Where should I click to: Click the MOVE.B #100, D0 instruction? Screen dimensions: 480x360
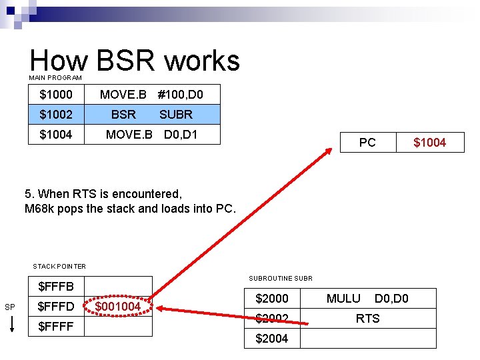151,95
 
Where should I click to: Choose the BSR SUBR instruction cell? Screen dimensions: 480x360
151,115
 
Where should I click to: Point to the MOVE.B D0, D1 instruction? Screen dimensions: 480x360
151,135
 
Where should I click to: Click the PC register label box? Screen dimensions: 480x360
367,143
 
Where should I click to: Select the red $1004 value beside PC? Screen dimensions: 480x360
429,143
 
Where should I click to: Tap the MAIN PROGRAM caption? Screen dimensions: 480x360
55,78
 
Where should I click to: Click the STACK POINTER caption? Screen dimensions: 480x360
59,267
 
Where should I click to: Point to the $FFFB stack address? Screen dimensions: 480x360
56,287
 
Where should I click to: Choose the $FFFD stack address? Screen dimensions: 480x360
56,307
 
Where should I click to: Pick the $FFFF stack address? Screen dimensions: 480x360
56,327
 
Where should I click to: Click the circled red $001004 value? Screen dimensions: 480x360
118,307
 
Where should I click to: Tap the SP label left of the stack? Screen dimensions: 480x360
9,307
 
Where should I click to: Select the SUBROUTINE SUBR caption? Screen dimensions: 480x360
280,278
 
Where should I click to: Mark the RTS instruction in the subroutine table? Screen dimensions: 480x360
367,319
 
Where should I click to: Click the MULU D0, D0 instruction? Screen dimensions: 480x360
367,299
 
